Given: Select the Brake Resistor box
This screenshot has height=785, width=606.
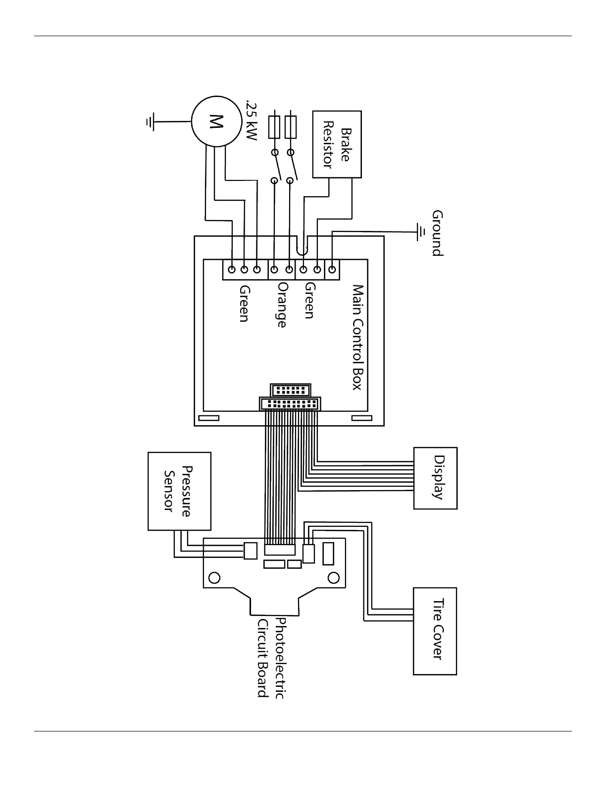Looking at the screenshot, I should coord(337,144).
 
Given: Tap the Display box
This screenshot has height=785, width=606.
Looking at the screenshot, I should coord(435,478).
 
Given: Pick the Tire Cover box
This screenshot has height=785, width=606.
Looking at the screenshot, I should coord(435,631).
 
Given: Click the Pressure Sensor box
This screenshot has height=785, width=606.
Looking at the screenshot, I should coord(179,491).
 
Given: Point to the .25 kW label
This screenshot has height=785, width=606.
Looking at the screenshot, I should coord(252,121).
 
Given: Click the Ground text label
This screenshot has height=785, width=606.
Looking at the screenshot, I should coord(437,232).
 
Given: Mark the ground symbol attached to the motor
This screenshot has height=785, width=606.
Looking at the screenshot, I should coord(150,121).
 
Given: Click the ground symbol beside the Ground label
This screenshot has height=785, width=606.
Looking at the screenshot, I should coord(421,231).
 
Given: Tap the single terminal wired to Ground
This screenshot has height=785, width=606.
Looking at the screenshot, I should coord(332,270).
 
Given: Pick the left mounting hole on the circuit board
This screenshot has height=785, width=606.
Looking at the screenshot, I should coord(215,577).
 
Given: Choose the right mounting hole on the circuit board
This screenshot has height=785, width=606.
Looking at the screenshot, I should coord(334,577).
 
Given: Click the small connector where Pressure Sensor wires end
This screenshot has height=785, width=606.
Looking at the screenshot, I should coord(251,551).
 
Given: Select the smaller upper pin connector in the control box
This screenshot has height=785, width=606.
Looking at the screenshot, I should coord(291,390).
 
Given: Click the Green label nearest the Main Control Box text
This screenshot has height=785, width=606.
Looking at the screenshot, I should coord(309,300).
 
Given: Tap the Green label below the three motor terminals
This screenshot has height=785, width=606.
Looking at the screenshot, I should coord(244,303).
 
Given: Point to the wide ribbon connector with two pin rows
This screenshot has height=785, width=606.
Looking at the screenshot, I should coord(290,404).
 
